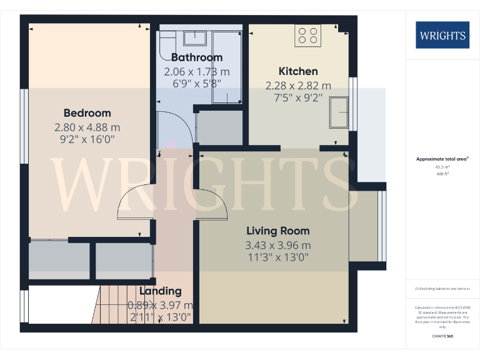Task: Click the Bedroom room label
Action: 87,113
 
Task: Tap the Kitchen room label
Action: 298,71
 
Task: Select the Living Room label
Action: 278,231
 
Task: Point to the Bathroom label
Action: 197,57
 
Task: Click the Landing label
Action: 160,291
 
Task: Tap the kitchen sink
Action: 340,112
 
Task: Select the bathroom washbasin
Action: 196,38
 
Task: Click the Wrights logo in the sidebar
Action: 442,35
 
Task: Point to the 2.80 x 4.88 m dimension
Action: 87,127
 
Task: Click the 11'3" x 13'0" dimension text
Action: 278,257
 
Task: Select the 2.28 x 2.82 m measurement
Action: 298,86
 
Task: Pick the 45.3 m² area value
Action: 441,167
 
